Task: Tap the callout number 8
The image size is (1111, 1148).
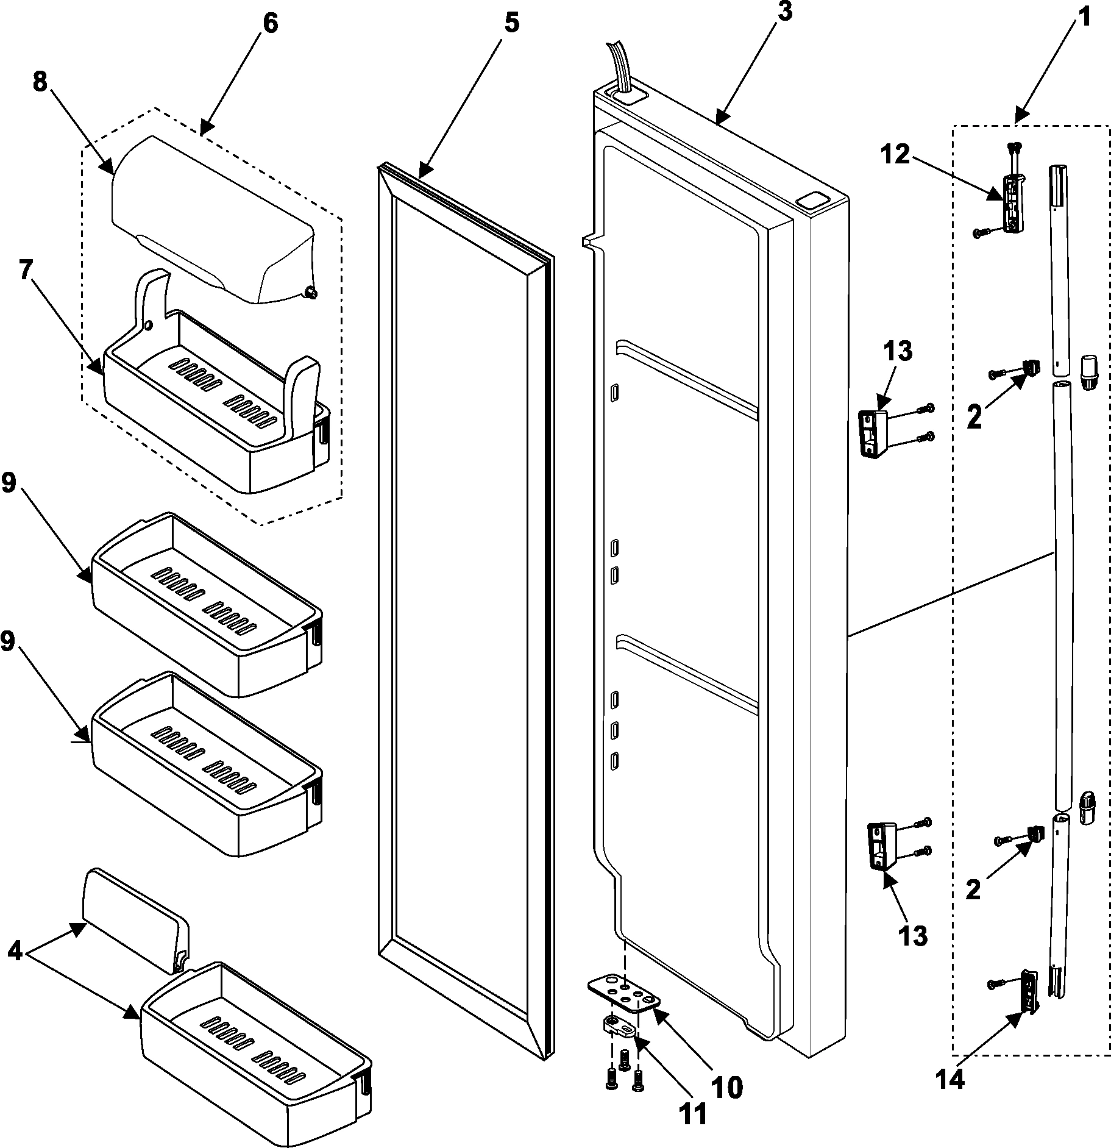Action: click(40, 82)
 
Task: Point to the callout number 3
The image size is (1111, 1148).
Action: click(785, 12)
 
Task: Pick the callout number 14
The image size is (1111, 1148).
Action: click(951, 1079)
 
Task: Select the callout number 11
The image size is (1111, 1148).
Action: click(694, 1113)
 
